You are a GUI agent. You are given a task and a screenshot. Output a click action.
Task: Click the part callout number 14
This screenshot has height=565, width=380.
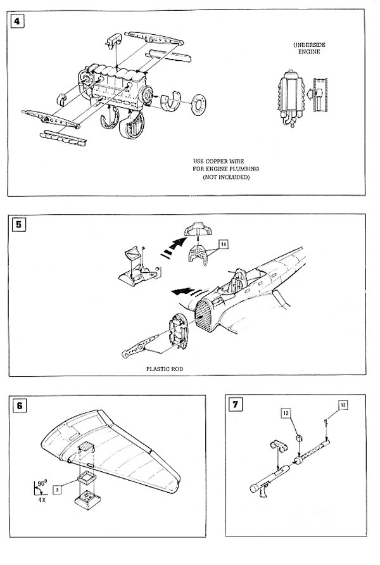pyautogui.click(x=224, y=243)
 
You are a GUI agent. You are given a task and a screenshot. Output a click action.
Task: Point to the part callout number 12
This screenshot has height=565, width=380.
pyautogui.click(x=286, y=412)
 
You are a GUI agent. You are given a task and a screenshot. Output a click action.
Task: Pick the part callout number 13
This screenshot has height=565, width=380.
pyautogui.click(x=343, y=403)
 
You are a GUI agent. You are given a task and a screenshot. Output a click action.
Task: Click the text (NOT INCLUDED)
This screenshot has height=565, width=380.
pyautogui.click(x=226, y=178)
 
